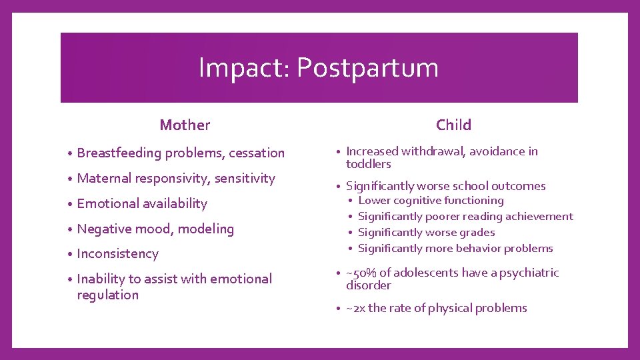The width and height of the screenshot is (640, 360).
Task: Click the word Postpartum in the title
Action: [x=367, y=68]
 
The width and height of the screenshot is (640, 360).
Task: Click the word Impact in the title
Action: [x=243, y=68]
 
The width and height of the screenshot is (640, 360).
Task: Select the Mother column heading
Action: [x=185, y=125]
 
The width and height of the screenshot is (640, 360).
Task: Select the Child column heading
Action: [x=453, y=125]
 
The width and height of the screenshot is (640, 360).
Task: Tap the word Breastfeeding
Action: [x=119, y=153]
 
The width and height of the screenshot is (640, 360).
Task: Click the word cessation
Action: [x=257, y=153]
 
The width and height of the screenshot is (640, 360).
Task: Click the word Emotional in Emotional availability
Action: [x=106, y=203]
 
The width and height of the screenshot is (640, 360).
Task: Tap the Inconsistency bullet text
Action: [x=117, y=254]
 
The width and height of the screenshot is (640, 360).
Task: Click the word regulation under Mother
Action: [x=107, y=295]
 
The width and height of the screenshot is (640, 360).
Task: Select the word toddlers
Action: [x=368, y=164]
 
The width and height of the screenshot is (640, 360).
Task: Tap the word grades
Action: [x=477, y=232]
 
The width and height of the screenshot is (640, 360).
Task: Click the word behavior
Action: [x=475, y=248]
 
